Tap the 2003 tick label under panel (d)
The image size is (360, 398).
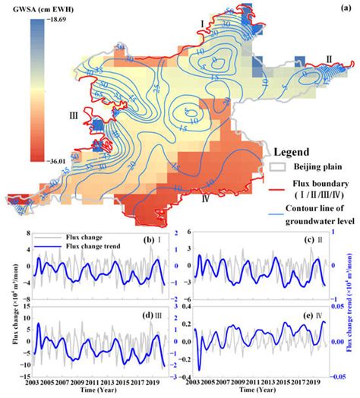[31, 382]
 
